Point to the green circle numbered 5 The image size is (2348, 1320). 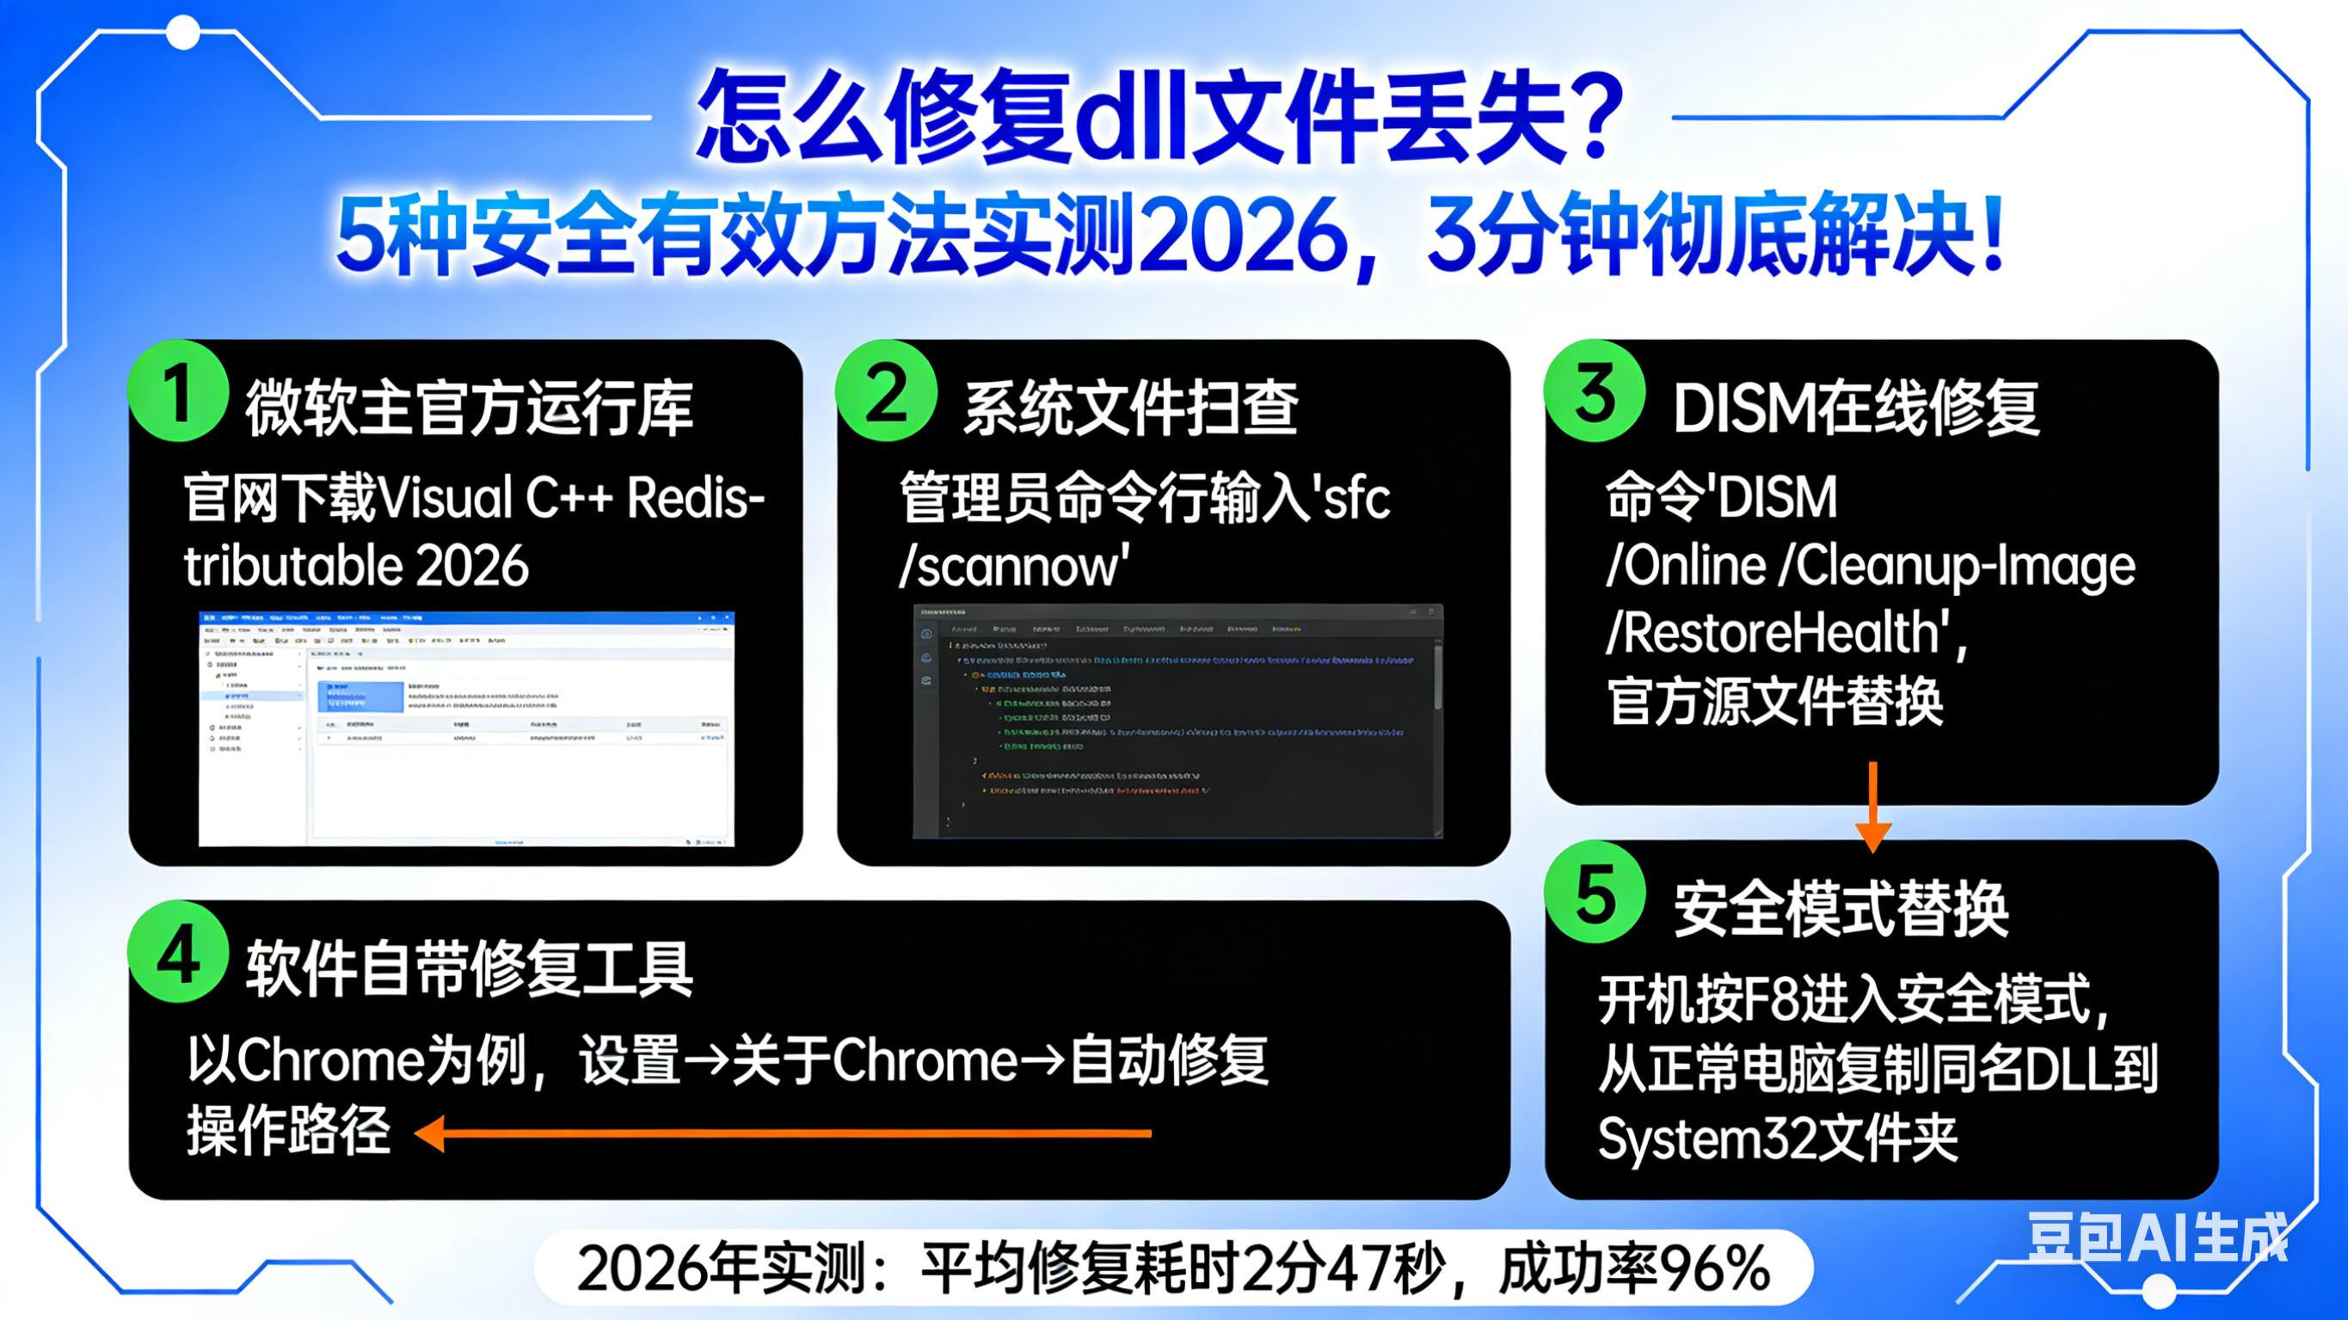click(1595, 893)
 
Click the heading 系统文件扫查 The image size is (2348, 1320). click(1130, 408)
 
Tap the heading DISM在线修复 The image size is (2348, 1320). click(1856, 408)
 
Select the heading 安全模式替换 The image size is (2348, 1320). click(1841, 909)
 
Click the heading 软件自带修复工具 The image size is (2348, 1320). click(470, 968)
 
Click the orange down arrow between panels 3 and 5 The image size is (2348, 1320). click(1873, 807)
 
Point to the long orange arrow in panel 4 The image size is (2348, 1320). click(784, 1134)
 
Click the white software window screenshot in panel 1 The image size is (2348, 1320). click(466, 728)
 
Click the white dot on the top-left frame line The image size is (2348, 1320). click(183, 34)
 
